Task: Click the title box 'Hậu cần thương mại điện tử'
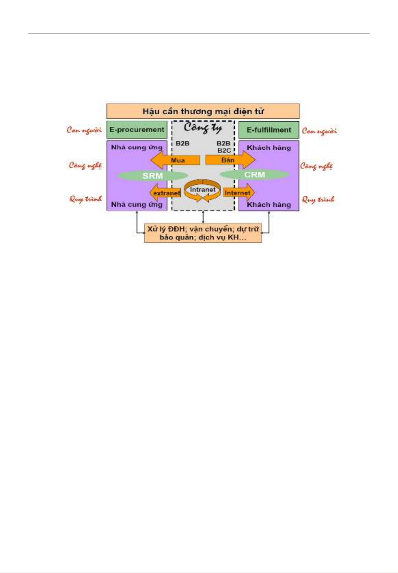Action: pyautogui.click(x=203, y=111)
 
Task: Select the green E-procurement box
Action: pyautogui.click(x=137, y=130)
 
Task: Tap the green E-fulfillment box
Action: pyautogui.click(x=269, y=130)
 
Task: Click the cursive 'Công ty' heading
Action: pyautogui.click(x=203, y=128)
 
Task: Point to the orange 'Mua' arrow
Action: pyautogui.click(x=175, y=160)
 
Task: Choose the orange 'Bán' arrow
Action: pyautogui.click(x=230, y=160)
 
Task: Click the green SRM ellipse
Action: pyautogui.click(x=153, y=176)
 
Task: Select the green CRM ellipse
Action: pyautogui.click(x=255, y=175)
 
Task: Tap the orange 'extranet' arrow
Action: pyautogui.click(x=165, y=193)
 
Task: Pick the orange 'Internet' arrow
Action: pyautogui.click(x=239, y=192)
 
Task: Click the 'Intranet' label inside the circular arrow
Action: pyautogui.click(x=203, y=190)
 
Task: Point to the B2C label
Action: pyautogui.click(x=224, y=150)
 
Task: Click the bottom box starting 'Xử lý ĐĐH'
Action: pyautogui.click(x=203, y=233)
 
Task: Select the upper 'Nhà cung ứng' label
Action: pyautogui.click(x=137, y=148)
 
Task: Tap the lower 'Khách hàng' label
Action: pyautogui.click(x=269, y=205)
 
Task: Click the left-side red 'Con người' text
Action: pyautogui.click(x=84, y=130)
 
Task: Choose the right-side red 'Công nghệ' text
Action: pyautogui.click(x=317, y=166)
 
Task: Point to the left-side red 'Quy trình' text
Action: pyautogui.click(x=86, y=199)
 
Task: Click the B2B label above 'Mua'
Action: pyautogui.click(x=182, y=143)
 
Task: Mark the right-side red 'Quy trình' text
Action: pyautogui.click(x=318, y=199)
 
